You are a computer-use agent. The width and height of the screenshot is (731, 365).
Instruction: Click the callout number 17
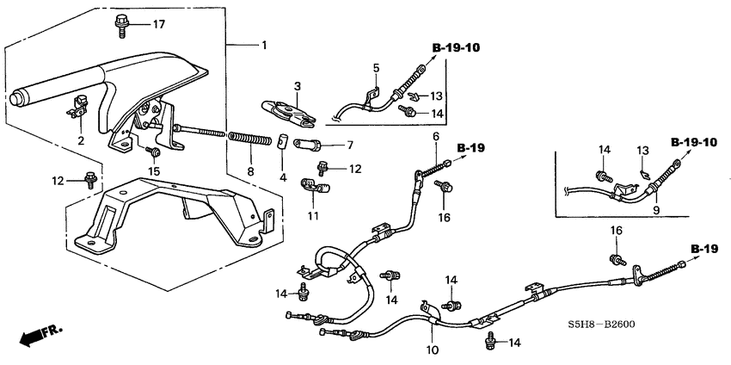coord(158,24)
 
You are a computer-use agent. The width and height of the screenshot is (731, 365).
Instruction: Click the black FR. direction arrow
coord(33,333)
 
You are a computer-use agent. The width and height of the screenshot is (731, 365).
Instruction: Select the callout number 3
coord(296,87)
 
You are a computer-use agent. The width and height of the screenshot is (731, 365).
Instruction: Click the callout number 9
coord(655,209)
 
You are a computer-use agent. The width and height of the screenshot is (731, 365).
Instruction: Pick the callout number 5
coord(375,67)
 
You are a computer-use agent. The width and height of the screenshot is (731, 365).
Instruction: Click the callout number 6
coord(435,137)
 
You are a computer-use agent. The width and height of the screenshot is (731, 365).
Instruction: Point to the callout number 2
coord(81,140)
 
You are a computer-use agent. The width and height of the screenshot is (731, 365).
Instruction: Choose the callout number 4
coord(282,178)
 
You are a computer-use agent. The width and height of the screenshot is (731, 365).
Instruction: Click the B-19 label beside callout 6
coord(471,148)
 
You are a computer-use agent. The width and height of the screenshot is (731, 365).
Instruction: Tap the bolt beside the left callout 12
coord(89,180)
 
